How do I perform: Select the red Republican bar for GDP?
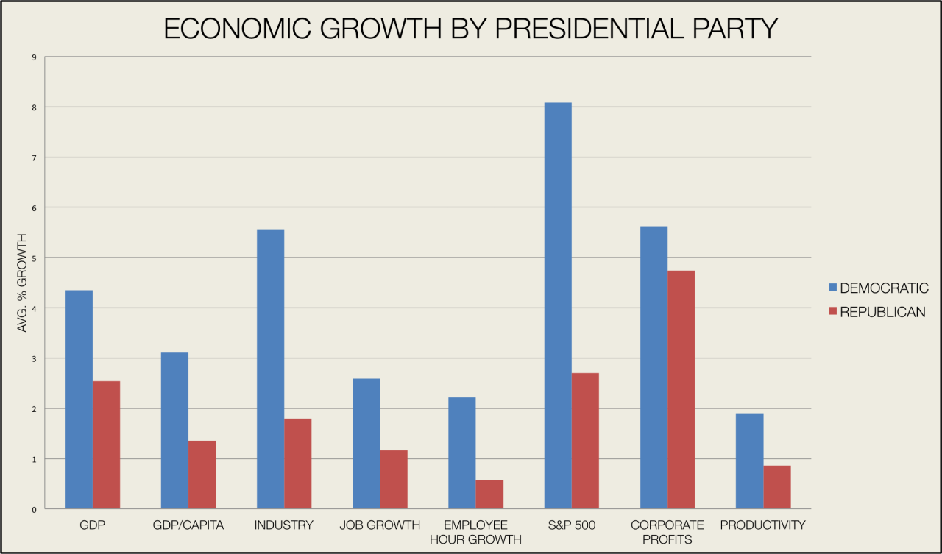coord(106,444)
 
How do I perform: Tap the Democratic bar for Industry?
coord(270,369)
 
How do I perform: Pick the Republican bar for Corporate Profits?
coord(681,389)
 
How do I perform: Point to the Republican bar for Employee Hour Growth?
coord(489,494)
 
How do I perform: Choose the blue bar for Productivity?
coord(749,461)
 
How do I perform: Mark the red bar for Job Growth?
coord(394,479)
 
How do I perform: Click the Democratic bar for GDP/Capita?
coord(174,430)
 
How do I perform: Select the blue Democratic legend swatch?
coord(833,288)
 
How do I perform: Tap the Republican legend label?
coord(882,312)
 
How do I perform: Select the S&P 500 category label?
coord(571,525)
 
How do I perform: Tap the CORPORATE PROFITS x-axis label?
coord(667,532)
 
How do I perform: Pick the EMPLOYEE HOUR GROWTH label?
coord(476,532)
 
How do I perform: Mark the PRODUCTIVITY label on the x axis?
coord(763,525)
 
